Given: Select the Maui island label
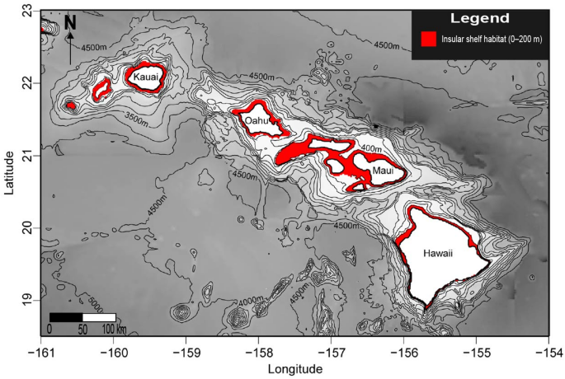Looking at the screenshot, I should (x=382, y=171).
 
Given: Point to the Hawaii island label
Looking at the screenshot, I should (x=439, y=253).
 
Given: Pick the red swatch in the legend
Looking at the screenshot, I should (x=428, y=40).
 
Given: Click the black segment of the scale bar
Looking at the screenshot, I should (x=65, y=317).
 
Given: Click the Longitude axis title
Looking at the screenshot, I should (x=294, y=369).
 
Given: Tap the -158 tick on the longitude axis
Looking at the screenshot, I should (x=257, y=350).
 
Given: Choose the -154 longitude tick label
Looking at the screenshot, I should (x=548, y=350).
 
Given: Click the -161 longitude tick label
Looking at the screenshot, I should (x=40, y=350).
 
